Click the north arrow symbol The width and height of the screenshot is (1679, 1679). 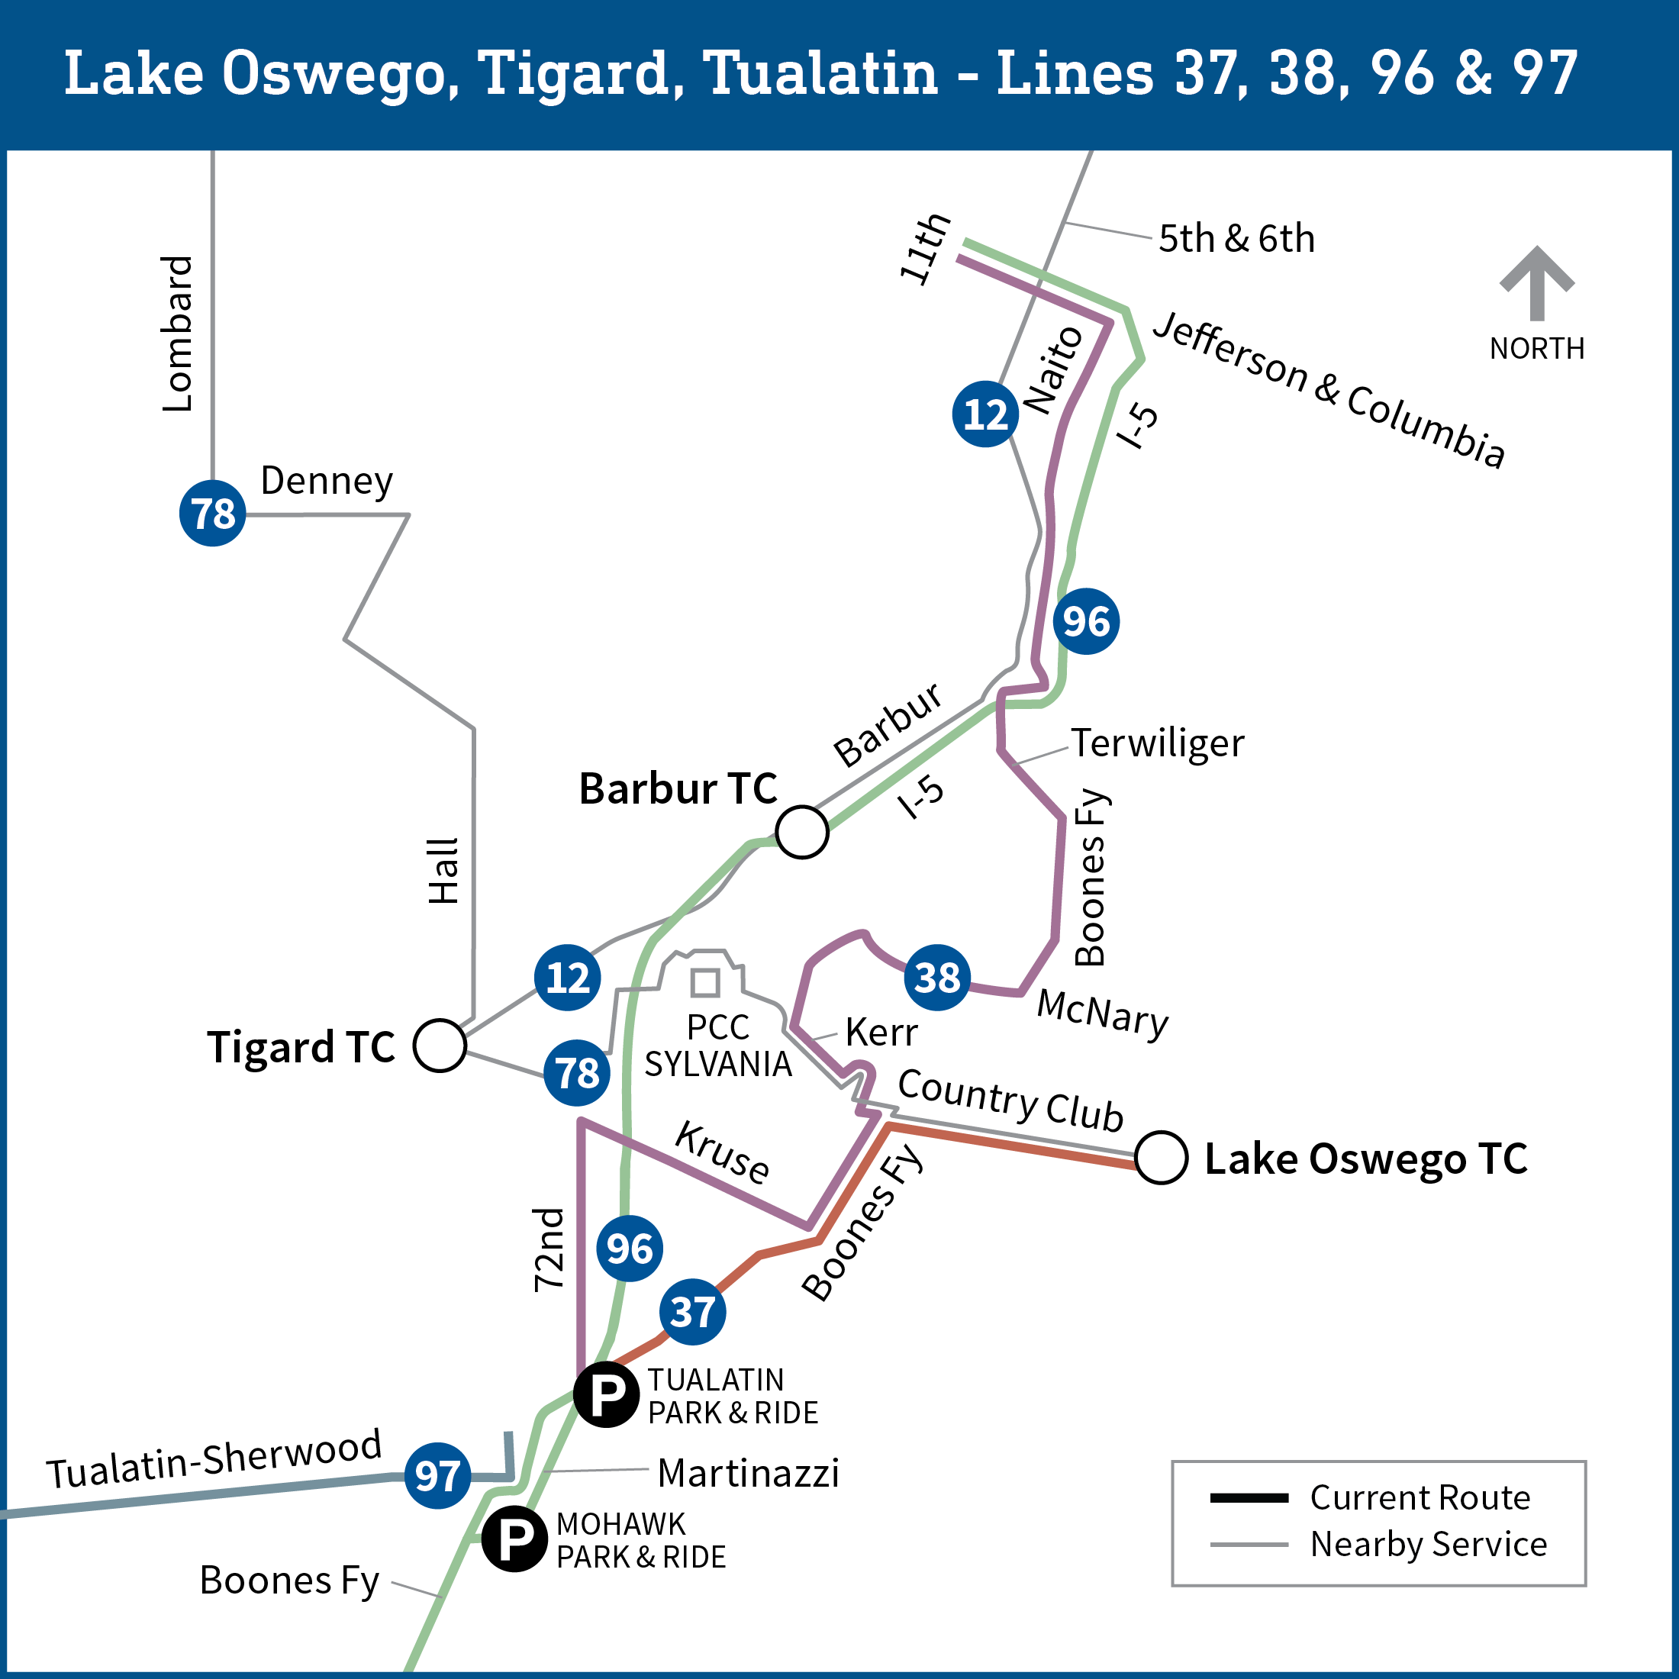[1536, 282]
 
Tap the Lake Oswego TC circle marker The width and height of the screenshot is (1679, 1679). [1161, 1158]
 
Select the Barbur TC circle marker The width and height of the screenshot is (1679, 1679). [801, 832]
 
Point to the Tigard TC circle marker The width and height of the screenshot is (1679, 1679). [440, 1045]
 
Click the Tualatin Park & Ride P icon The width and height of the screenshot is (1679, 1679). [607, 1395]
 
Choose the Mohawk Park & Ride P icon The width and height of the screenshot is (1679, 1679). [514, 1539]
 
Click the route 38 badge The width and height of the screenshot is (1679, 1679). [937, 977]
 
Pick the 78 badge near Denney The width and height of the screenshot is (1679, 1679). [213, 513]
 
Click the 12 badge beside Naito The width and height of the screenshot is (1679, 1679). [985, 414]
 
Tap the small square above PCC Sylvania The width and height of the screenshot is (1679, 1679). [704, 982]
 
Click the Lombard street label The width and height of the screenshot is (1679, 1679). [177, 334]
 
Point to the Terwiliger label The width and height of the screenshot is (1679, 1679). [1157, 743]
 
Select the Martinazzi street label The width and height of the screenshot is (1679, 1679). [748, 1473]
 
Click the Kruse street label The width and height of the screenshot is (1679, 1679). [722, 1152]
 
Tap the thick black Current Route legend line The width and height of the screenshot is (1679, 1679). [1249, 1497]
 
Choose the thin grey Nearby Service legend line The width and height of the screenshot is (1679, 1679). [1249, 1544]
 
